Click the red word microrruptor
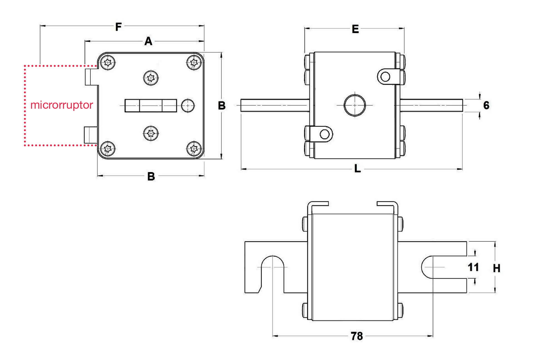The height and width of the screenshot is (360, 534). (x=61, y=105)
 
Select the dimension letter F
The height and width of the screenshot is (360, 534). (x=118, y=27)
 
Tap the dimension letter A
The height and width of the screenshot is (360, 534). (x=148, y=41)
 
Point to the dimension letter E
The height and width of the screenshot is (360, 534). (x=355, y=29)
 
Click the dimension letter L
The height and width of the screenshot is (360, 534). (x=357, y=168)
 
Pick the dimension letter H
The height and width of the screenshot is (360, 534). (x=496, y=268)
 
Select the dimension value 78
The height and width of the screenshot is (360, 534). (x=357, y=336)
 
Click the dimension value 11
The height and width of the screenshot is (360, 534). (x=473, y=267)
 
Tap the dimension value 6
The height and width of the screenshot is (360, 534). (x=486, y=105)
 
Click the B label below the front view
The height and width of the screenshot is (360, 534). (x=151, y=176)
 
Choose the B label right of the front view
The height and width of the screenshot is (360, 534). (x=222, y=106)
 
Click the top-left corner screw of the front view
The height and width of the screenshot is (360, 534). (x=108, y=62)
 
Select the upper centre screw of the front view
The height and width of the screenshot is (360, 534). (x=151, y=78)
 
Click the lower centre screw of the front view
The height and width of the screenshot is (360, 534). (x=151, y=133)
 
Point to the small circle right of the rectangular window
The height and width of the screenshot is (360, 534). (x=188, y=105)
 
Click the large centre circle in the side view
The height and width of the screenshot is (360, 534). (x=355, y=105)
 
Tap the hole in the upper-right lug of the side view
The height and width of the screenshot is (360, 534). (x=385, y=76)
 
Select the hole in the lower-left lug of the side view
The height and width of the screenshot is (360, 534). (x=325, y=134)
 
